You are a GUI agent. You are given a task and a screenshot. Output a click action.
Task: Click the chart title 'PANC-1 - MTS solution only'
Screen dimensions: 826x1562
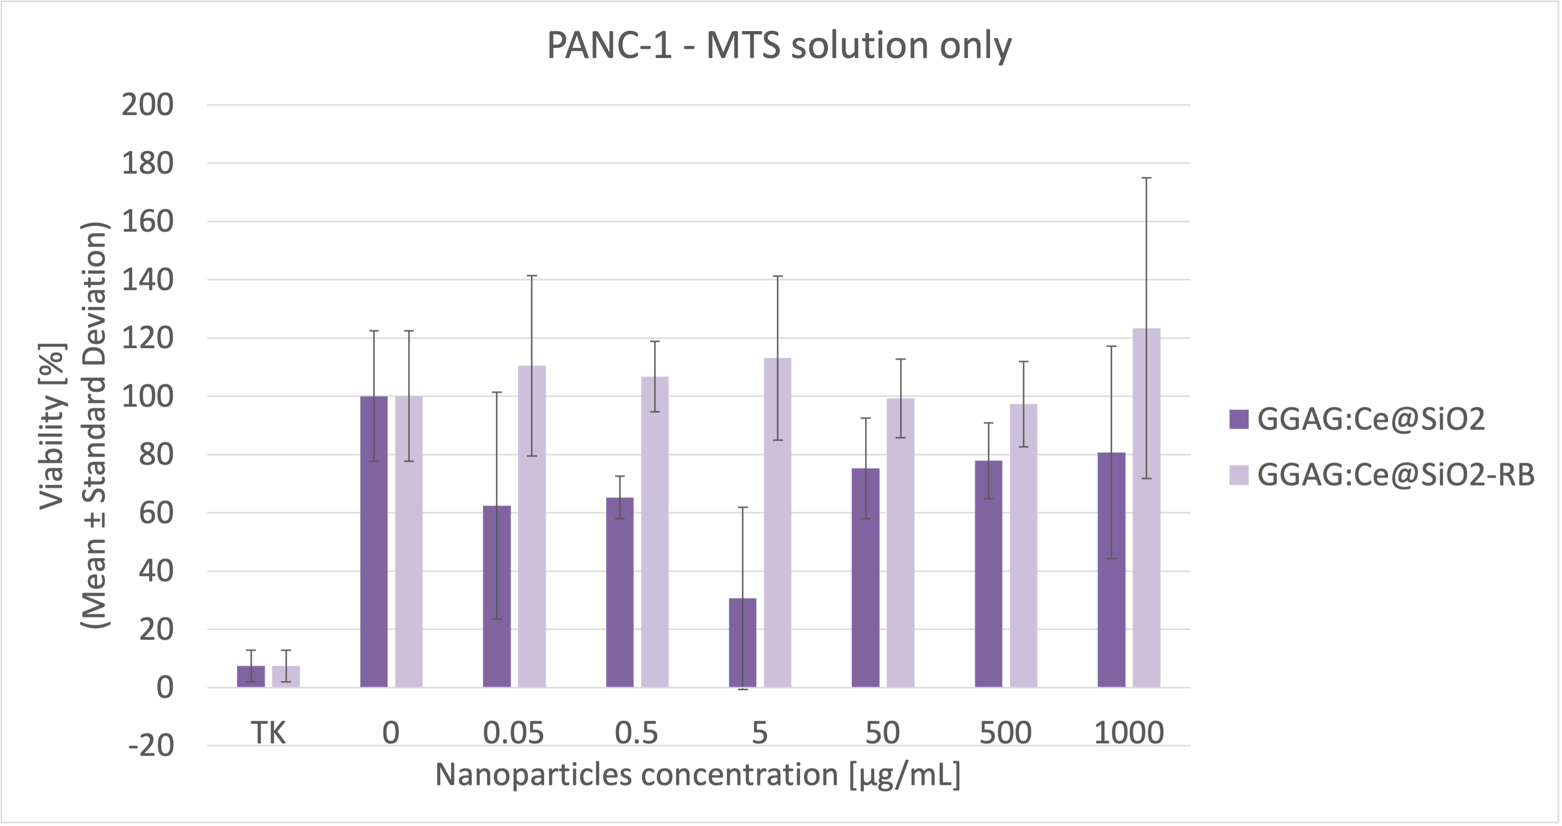coord(779,46)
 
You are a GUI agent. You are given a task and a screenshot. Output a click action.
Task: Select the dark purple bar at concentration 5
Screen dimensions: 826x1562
coord(742,643)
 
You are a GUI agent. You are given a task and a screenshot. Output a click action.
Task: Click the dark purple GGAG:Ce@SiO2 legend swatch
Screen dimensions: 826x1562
coord(1239,419)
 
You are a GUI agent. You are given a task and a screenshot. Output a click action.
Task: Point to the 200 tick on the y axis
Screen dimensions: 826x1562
coord(147,105)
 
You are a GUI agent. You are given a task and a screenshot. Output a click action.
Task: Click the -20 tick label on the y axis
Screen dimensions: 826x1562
coord(151,746)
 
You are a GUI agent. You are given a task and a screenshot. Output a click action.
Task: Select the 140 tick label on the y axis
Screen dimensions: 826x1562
coord(147,280)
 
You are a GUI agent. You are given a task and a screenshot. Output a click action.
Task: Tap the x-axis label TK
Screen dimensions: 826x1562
coord(268,733)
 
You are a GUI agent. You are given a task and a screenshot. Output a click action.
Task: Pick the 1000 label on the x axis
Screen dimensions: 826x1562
coord(1129,733)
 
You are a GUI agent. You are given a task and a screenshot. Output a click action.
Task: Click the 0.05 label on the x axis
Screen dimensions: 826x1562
coord(513,733)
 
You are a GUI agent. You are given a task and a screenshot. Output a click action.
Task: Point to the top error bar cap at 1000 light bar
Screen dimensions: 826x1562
coord(1146,178)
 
